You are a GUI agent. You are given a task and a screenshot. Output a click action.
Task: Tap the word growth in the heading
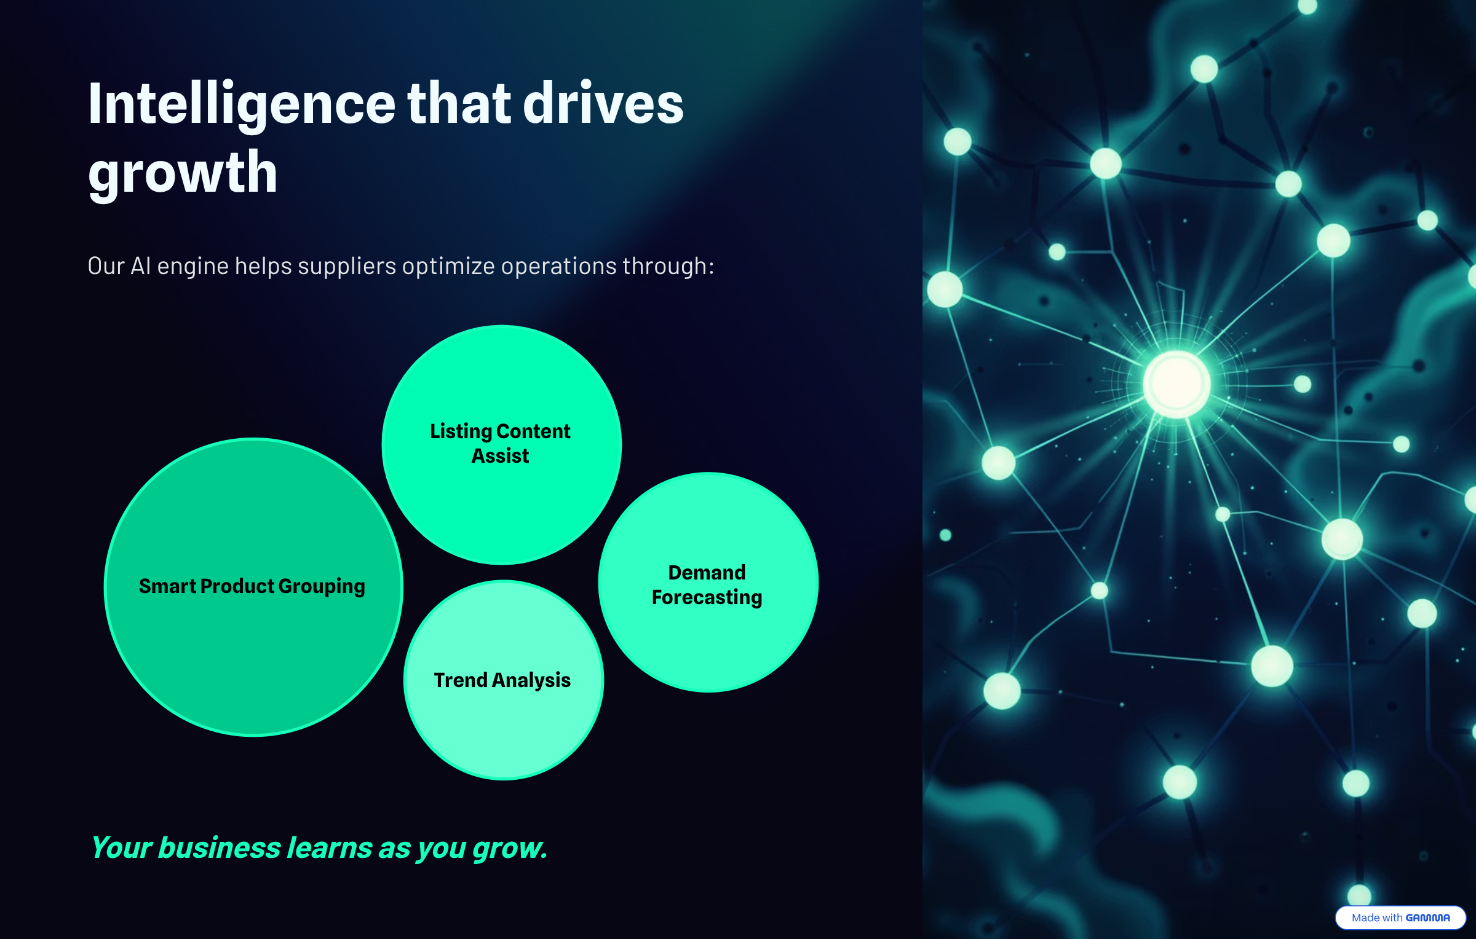point(183,173)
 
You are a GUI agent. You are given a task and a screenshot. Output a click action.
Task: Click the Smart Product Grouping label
point(252,586)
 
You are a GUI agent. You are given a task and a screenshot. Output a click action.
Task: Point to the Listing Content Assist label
point(500,443)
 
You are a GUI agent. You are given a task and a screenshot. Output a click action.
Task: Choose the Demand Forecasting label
point(707,584)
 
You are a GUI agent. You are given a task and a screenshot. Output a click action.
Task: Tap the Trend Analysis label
point(502,680)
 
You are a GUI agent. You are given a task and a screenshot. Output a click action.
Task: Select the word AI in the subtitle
point(141,267)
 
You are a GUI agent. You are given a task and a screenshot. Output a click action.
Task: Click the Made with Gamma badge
point(1400,917)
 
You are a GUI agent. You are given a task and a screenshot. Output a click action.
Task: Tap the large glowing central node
point(1176,384)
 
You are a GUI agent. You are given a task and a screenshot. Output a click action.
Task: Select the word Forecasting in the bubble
point(707,597)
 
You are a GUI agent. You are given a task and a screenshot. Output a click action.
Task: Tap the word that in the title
point(459,104)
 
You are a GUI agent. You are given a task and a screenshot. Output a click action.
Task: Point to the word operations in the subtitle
point(558,267)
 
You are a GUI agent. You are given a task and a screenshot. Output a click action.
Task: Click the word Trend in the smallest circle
point(461,680)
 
